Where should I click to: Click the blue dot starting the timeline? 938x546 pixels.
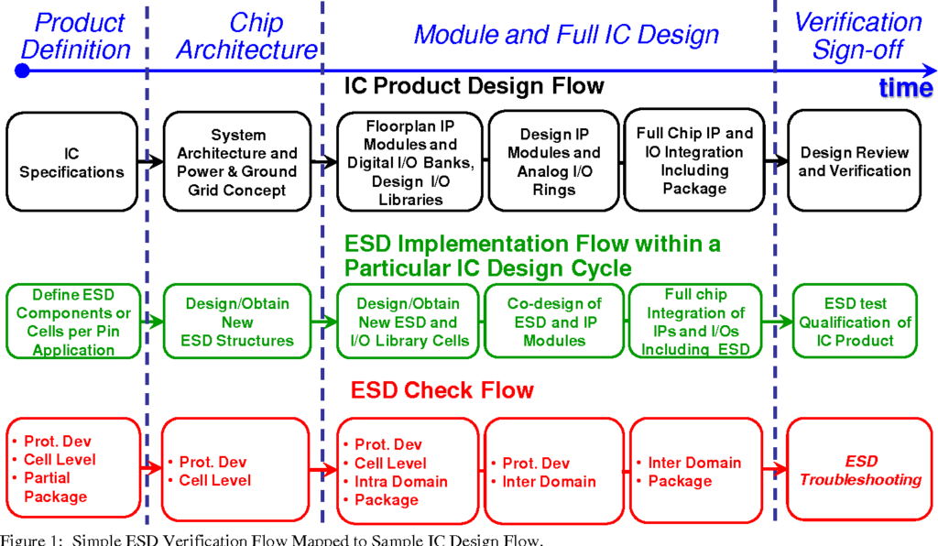coord(22,71)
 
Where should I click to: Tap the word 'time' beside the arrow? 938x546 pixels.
coord(906,88)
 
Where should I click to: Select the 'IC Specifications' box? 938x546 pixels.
coord(71,162)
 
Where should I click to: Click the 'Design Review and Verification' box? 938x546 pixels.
coord(854,161)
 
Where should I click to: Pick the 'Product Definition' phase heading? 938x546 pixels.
coord(76,36)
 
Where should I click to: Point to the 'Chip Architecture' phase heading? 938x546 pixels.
coord(247,36)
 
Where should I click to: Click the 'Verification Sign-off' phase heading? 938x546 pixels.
coord(857,36)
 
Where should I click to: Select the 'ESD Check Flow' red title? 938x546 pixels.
coord(442,390)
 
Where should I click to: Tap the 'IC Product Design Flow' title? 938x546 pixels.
coord(474,86)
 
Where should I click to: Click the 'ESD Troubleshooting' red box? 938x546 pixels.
coord(859,469)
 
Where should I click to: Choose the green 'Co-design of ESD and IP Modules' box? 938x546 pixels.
coord(554,322)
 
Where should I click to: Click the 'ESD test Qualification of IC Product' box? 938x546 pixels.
coord(855,322)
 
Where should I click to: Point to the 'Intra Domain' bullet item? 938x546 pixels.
coord(401,481)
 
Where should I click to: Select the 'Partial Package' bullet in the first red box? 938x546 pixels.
coord(55,487)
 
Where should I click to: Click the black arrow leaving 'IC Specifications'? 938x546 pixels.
coord(151,161)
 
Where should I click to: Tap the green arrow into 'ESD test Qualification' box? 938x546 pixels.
coord(777,322)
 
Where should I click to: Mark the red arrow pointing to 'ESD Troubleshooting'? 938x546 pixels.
coord(774,469)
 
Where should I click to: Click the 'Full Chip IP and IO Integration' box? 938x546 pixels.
coord(694,159)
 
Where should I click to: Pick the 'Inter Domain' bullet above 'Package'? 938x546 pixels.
coord(694,463)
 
